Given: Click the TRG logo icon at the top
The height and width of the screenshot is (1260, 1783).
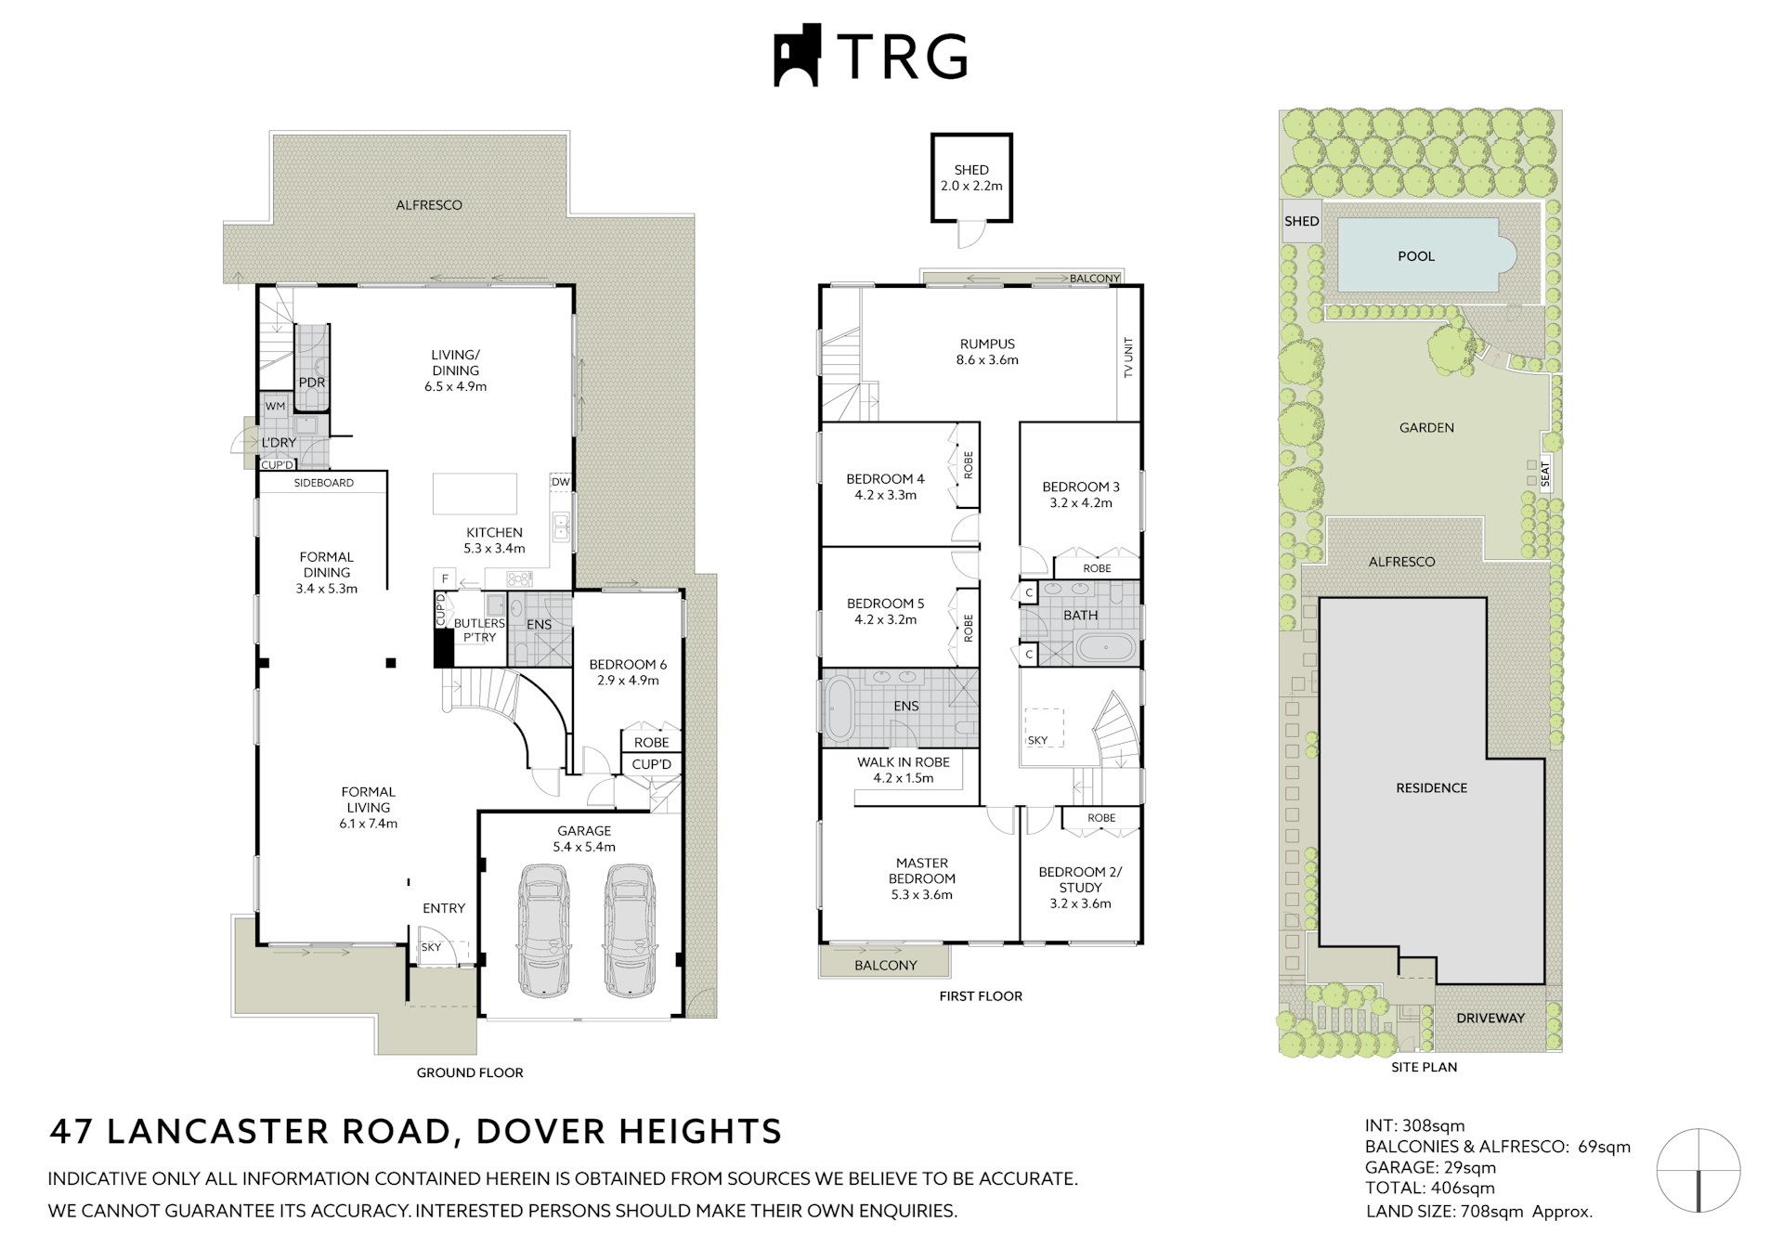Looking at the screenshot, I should point(798,56).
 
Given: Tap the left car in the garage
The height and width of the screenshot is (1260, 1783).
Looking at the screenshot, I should point(543,929).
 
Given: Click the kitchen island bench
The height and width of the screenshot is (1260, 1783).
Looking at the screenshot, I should point(475,493).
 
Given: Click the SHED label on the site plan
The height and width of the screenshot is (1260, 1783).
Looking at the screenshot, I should point(1301,221).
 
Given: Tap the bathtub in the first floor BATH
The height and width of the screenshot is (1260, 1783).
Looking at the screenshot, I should point(1104,648).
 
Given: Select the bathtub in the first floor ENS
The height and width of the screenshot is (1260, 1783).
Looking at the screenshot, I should point(839,709).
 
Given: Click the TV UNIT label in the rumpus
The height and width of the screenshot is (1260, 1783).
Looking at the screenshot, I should point(1129,357).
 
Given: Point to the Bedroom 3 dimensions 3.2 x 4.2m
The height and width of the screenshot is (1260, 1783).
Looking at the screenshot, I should point(1081,503).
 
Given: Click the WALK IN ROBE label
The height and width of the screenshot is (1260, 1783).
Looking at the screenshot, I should point(903,762).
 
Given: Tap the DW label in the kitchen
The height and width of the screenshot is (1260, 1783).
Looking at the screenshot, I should point(560,482).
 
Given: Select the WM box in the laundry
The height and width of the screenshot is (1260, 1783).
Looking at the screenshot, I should point(275,406).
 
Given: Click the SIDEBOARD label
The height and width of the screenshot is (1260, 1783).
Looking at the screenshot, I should point(323,483).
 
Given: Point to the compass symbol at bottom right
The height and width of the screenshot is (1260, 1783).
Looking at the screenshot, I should point(1698,1171).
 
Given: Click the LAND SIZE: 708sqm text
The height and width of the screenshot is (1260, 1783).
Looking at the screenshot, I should point(1478,1211).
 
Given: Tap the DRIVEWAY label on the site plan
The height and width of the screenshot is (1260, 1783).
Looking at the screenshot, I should point(1490,1018).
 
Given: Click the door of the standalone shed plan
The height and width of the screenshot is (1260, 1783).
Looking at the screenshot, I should point(970,236).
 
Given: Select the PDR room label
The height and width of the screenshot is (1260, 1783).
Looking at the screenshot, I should point(311,383).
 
